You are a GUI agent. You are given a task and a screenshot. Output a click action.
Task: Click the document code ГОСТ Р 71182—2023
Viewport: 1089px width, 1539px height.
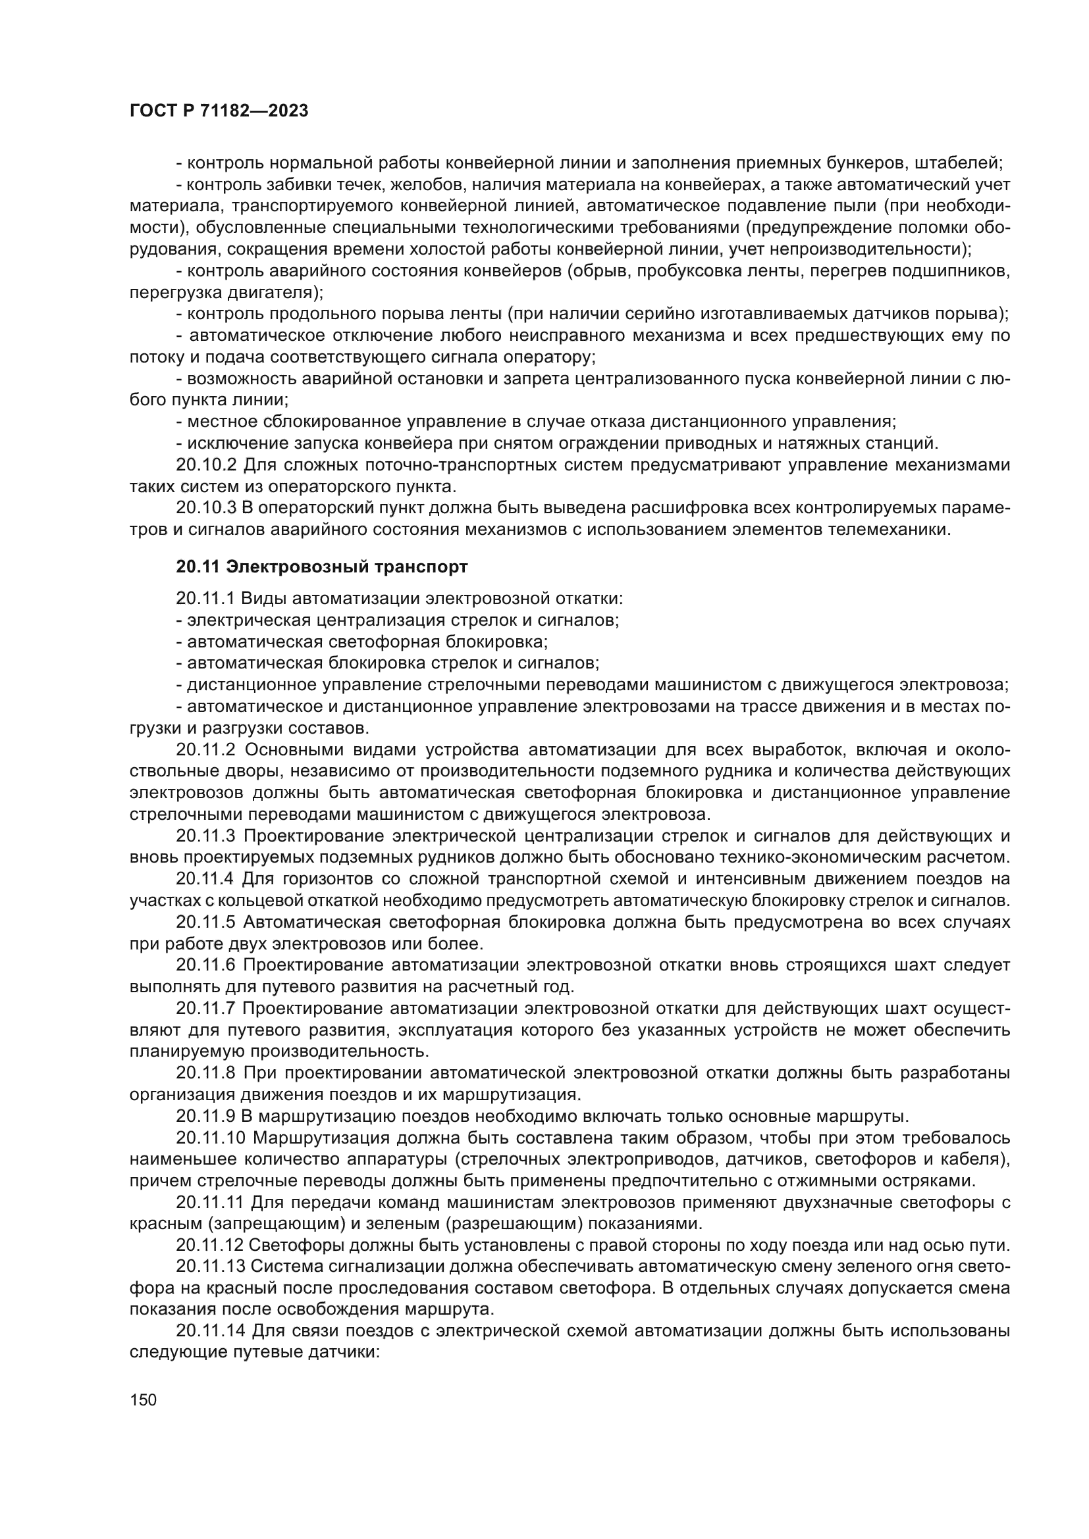click(219, 111)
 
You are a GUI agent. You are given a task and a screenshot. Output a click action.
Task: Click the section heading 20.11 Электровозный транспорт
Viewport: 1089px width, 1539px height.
click(322, 567)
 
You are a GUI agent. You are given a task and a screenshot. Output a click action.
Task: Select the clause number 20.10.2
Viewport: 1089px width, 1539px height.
click(207, 464)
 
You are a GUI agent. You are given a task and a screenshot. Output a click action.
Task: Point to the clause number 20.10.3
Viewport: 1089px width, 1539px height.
click(207, 507)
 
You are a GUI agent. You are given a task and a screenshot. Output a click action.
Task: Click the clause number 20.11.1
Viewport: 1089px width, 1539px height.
click(205, 598)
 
